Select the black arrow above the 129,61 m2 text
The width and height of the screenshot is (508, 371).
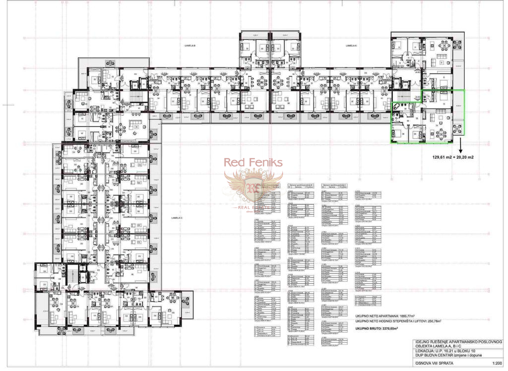pyautogui.click(x=460, y=147)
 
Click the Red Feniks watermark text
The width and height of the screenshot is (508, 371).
pyautogui.click(x=253, y=162)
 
